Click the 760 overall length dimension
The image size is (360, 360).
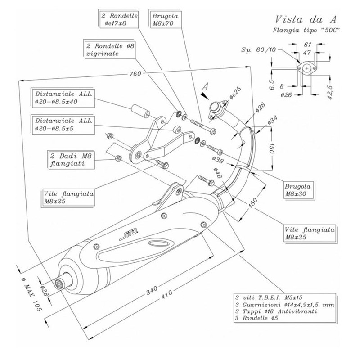point(135,74)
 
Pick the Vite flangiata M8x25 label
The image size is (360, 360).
point(68,197)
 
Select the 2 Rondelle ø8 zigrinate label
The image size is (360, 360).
point(109,49)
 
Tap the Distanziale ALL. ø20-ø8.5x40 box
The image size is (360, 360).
point(63,98)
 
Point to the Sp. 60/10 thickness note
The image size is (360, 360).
point(258,49)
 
